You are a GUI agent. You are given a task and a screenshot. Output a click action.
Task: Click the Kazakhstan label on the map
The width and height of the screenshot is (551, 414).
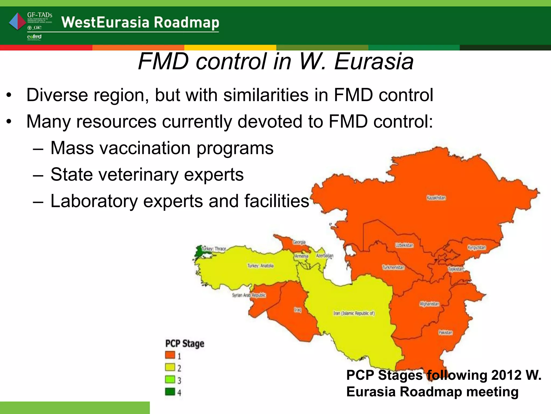[x=436, y=198]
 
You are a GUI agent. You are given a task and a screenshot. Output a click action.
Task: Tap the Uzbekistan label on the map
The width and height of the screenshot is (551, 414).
[x=404, y=245]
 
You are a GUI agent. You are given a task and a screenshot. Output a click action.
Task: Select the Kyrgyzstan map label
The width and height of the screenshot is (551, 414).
[x=476, y=247]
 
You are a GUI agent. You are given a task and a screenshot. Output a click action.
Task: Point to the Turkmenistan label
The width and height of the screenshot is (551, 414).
[x=393, y=267]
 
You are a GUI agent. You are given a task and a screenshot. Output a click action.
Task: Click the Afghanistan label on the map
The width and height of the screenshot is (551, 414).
[x=429, y=304]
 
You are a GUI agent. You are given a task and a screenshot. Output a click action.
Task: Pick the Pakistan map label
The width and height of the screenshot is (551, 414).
[x=445, y=332]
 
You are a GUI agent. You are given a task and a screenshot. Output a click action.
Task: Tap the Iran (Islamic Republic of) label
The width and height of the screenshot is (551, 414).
[x=354, y=313]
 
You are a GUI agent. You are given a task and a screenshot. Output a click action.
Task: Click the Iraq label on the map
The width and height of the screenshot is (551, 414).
[x=297, y=310]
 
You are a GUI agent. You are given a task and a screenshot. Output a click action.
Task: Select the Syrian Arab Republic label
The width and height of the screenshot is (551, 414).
[x=249, y=295]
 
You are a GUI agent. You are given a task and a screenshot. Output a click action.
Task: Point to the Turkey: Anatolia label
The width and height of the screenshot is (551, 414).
[x=260, y=266]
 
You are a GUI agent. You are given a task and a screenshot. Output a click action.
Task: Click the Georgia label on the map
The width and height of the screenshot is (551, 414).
[x=299, y=242]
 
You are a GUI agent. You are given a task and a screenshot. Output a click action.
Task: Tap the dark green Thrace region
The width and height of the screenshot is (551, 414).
[x=199, y=252]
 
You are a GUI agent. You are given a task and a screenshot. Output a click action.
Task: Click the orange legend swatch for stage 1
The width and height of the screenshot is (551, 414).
[x=170, y=355]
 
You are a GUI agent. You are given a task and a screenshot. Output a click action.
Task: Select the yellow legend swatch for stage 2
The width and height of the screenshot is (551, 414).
[x=170, y=367]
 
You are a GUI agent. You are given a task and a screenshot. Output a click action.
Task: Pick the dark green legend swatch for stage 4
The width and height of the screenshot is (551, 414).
[x=170, y=391]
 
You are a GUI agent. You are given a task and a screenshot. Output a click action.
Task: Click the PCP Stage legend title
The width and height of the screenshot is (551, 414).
[x=185, y=344]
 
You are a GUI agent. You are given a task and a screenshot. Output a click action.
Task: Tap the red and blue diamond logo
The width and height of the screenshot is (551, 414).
[x=17, y=22]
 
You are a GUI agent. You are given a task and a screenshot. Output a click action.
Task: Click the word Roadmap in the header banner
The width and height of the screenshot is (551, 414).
[x=186, y=22]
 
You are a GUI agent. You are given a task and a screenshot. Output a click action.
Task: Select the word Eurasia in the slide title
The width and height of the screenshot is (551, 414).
[x=374, y=61]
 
